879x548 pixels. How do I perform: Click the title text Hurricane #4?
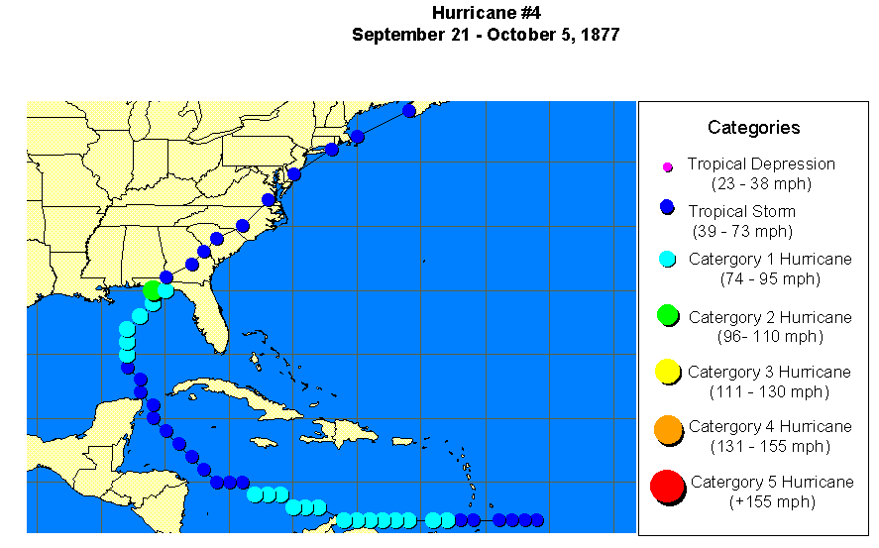[x=486, y=13]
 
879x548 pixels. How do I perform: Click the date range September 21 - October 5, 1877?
[x=486, y=35]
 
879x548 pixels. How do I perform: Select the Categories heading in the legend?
[x=753, y=127]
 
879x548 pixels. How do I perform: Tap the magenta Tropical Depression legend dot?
[x=668, y=165]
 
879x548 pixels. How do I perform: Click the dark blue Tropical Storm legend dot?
[x=667, y=208]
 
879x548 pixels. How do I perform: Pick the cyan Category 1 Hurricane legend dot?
[x=667, y=260]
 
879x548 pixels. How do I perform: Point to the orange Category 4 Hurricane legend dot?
[x=667, y=429]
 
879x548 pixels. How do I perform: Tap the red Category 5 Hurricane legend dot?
[x=667, y=487]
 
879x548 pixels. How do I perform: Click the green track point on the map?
[x=152, y=290]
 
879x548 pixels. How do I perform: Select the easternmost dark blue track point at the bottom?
[x=537, y=520]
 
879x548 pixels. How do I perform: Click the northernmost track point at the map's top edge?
[x=409, y=110]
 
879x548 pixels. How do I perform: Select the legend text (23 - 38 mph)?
[x=760, y=183]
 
